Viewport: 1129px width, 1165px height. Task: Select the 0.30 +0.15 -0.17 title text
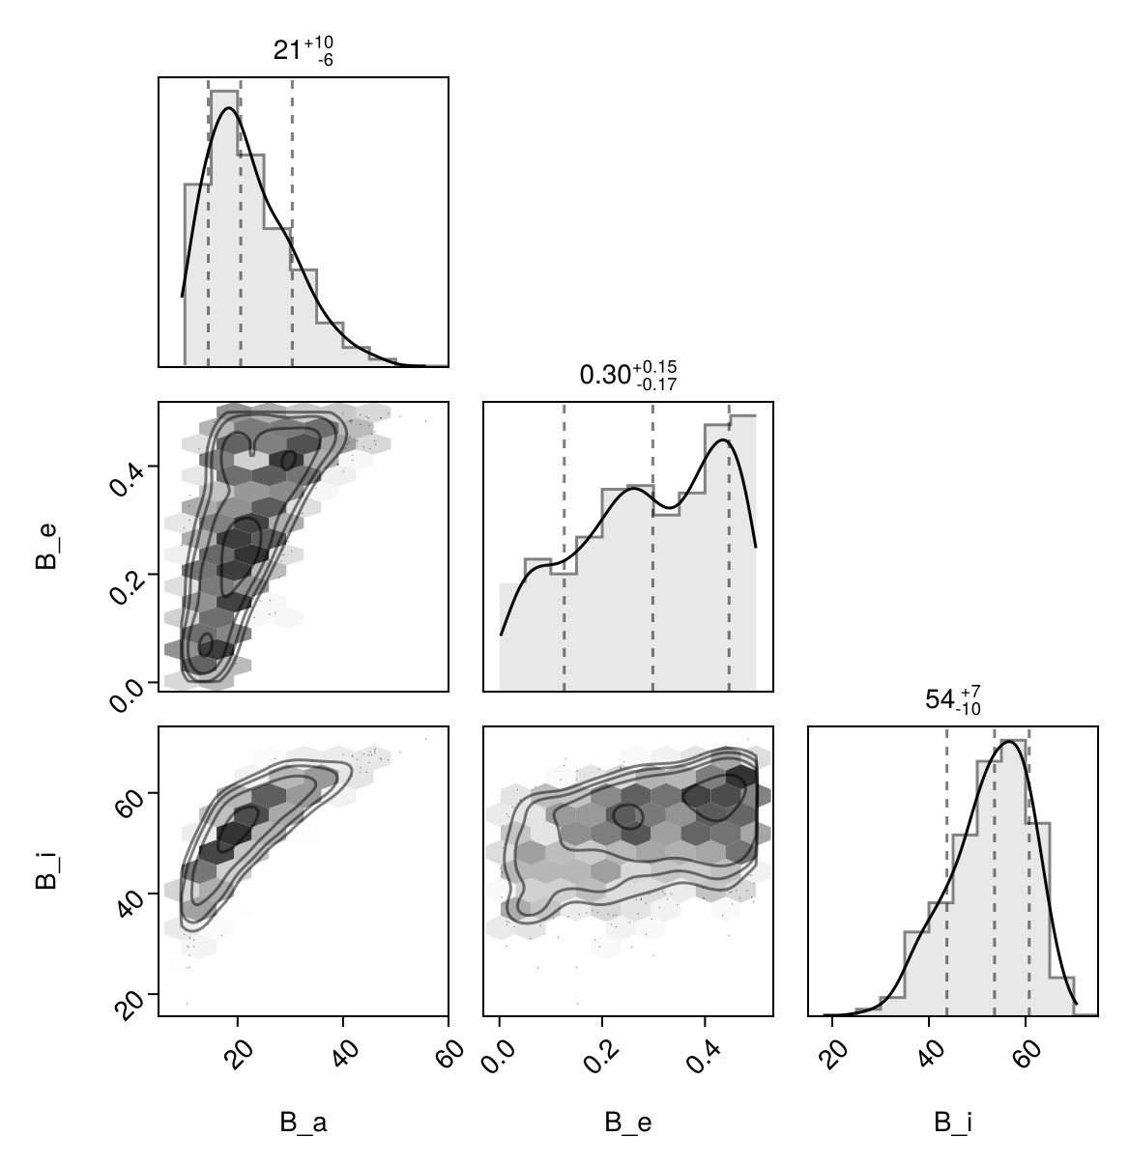click(627, 375)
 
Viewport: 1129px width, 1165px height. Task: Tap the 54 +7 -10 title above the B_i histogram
click(953, 699)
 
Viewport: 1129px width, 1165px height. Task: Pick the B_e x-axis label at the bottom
click(627, 1122)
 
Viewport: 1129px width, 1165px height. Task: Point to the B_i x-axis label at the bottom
click(953, 1122)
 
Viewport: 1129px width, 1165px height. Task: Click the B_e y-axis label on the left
click(45, 547)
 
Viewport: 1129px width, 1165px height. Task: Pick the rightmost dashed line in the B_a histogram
click(292, 222)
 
